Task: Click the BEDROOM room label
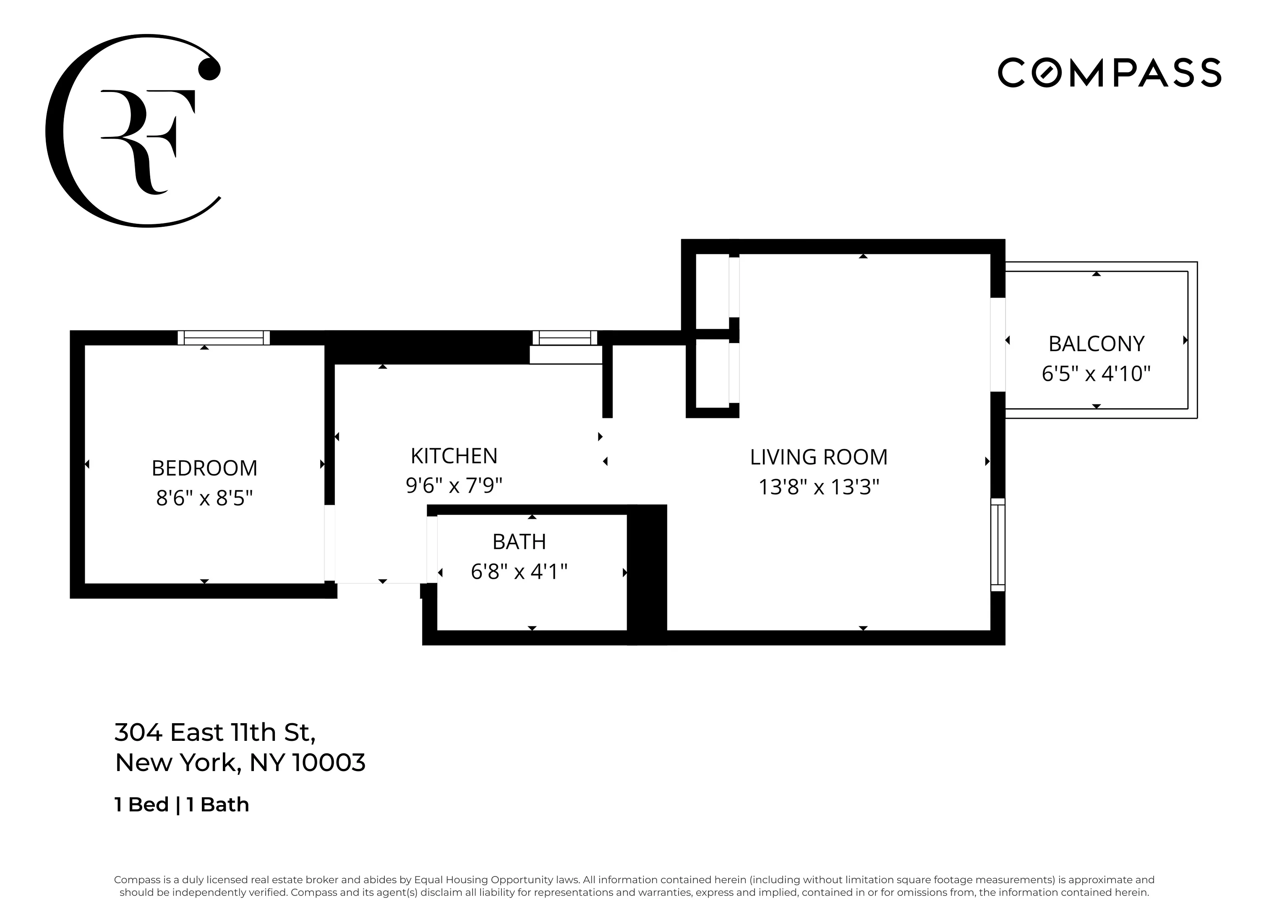[204, 468]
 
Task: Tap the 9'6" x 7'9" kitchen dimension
[454, 485]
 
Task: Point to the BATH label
[519, 542]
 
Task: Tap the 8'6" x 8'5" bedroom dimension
[204, 498]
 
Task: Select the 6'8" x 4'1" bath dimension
[519, 572]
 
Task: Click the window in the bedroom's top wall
[223, 338]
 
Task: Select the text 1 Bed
[141, 805]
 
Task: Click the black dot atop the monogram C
[209, 69]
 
